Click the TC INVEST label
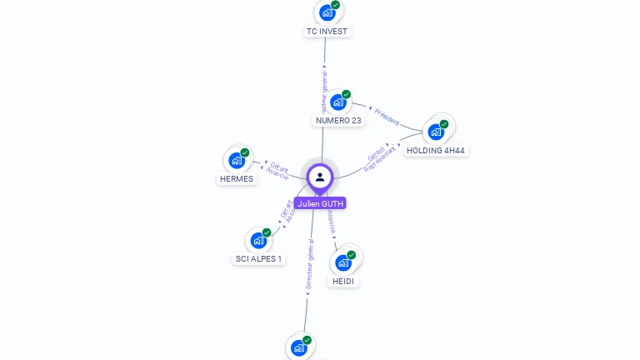(327, 32)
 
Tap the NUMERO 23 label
(338, 121)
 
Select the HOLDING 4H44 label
(435, 151)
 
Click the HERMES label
(237, 179)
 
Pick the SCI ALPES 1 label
(258, 259)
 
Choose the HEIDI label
(343, 282)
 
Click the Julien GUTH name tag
(320, 203)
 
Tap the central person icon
(320, 177)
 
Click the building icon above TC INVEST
(327, 12)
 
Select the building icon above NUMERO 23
(337, 102)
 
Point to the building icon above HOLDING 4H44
(435, 132)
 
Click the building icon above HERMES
(236, 160)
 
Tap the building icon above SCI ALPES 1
(258, 240)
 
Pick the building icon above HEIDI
(342, 262)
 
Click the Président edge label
(387, 117)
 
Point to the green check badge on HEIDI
(351, 255)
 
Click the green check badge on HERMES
(245, 152)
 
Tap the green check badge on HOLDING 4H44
(444, 124)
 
